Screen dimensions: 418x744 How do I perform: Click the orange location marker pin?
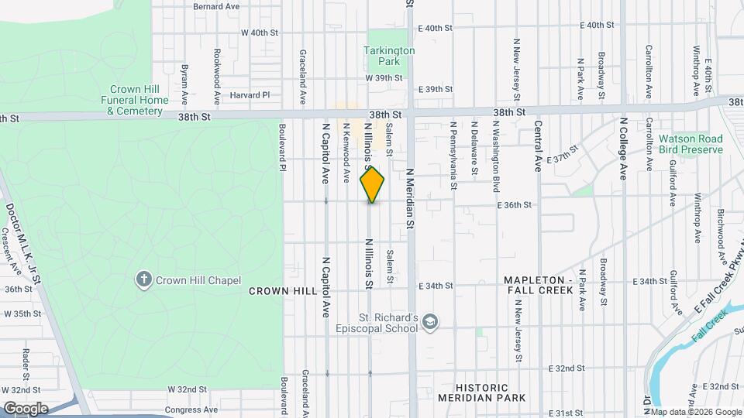point(372,185)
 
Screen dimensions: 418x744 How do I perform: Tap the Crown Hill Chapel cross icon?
point(143,280)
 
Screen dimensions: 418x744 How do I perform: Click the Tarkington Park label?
point(389,55)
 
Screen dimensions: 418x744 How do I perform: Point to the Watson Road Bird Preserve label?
point(690,145)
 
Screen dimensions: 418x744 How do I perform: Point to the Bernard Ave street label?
point(216,6)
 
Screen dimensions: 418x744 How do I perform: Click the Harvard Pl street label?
point(250,95)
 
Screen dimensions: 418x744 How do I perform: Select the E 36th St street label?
point(515,205)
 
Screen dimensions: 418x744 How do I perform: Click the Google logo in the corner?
point(25,409)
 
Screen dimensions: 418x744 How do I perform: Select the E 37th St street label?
point(563,154)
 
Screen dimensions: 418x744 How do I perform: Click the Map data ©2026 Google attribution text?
point(696,411)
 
